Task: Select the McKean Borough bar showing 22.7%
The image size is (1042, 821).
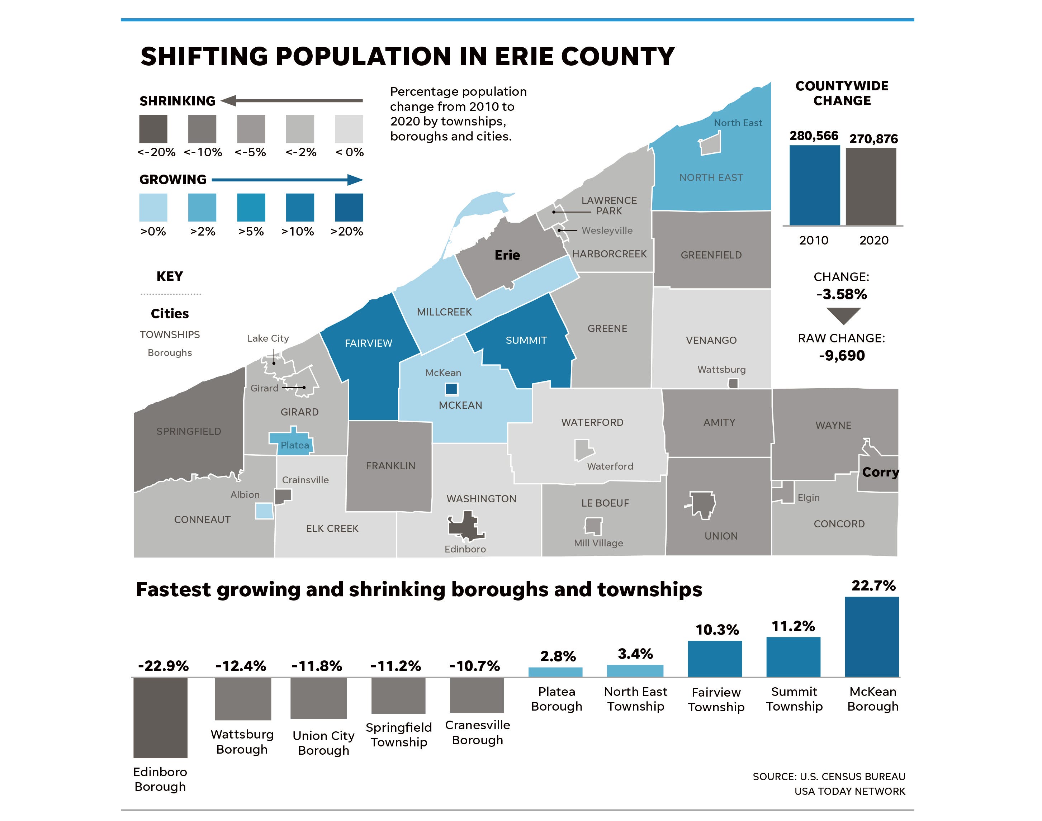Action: pos(871,636)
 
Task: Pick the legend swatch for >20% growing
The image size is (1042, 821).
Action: pos(349,207)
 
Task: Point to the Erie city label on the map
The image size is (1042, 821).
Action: pos(507,255)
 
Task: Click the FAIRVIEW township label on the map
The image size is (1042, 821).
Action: pos(368,343)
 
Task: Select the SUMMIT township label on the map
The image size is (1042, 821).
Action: pos(526,340)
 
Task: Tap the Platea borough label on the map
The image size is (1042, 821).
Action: pos(295,445)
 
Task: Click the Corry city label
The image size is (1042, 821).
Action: pos(880,472)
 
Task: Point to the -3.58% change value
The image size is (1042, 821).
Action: pos(842,294)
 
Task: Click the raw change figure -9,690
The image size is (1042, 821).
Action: pos(842,356)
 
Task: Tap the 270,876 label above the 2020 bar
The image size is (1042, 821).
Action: pos(873,139)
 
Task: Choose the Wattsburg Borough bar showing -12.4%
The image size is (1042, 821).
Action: pos(243,699)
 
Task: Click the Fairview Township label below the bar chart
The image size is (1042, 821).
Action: pos(716,699)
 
